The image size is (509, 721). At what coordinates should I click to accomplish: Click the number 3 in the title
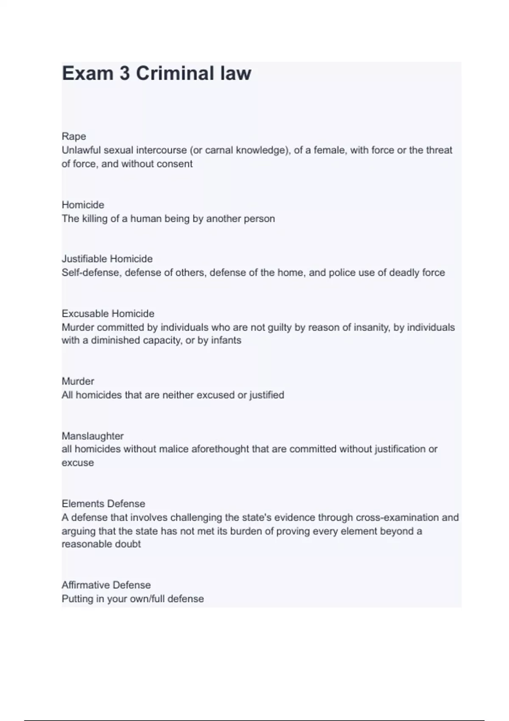(124, 73)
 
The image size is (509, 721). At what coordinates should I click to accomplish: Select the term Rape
(74, 136)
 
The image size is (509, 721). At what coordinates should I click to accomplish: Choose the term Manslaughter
(92, 436)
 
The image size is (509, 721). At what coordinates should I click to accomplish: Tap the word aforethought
(220, 449)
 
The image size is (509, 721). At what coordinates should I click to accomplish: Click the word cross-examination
(397, 517)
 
